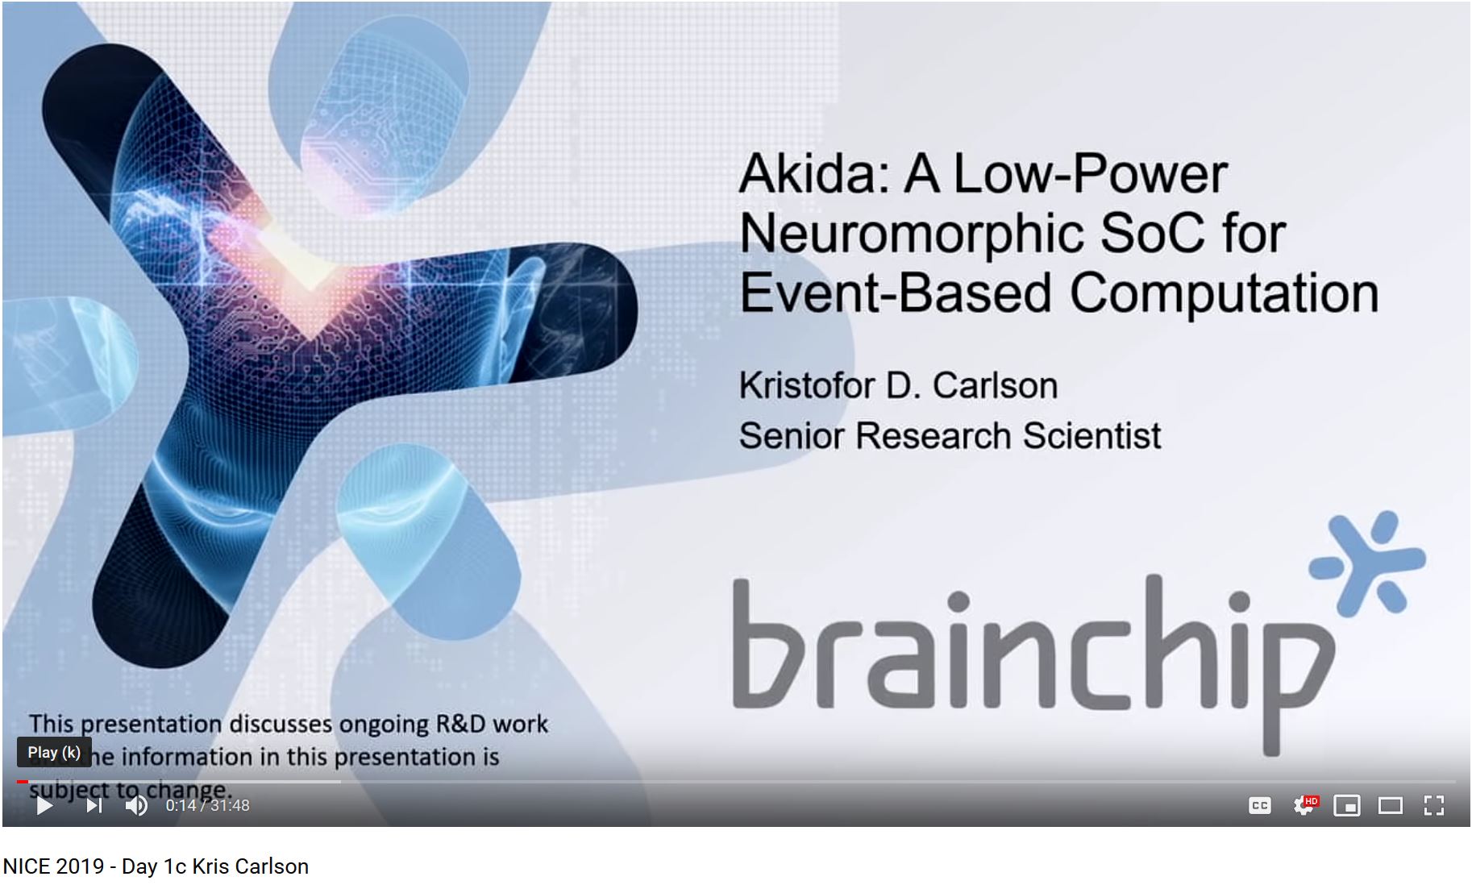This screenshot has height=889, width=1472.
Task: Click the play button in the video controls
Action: pos(44,805)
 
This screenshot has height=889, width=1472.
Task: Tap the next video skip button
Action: pos(94,805)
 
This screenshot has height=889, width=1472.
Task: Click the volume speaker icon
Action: pos(136,805)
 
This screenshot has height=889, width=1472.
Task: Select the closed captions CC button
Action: pos(1259,805)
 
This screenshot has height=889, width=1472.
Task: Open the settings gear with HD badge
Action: pos(1304,805)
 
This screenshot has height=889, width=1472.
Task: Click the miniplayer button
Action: pos(1347,805)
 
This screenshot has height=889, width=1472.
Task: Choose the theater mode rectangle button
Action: pos(1391,805)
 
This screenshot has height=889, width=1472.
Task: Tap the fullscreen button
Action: pos(1433,805)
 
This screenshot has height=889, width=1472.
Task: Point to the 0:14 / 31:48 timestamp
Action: pos(207,805)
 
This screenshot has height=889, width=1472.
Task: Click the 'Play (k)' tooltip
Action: pos(54,753)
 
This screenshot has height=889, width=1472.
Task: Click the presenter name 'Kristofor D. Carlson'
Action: pos(898,385)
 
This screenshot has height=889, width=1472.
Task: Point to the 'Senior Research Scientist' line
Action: pos(950,436)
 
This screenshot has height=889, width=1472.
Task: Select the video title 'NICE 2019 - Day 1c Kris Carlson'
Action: pos(156,866)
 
